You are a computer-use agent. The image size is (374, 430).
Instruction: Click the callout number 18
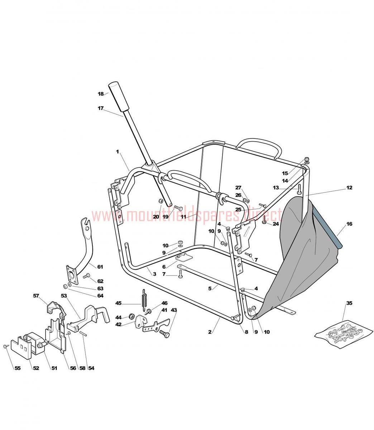tap(101, 94)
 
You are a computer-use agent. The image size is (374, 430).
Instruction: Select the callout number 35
tap(349, 303)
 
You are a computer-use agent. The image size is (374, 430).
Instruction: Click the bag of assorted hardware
tap(344, 334)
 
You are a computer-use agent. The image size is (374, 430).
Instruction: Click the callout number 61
tap(100, 267)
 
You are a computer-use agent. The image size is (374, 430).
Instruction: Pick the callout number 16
tap(349, 224)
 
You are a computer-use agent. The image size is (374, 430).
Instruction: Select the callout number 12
tap(349, 187)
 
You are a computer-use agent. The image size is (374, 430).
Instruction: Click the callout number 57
tap(36, 296)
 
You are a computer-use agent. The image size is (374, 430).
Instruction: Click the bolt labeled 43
tap(164, 334)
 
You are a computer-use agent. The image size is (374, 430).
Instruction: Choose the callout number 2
tap(210, 332)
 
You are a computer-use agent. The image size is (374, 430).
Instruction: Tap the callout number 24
tap(276, 224)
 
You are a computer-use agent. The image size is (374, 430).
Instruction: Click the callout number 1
tap(118, 152)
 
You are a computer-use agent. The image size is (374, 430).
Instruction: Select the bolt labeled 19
tap(178, 208)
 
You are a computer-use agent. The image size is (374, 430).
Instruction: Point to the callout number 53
tap(64, 296)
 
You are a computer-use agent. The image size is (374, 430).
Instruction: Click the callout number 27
tap(238, 187)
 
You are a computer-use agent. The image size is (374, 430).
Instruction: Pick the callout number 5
tap(210, 288)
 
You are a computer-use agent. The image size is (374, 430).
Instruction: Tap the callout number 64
tap(100, 296)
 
